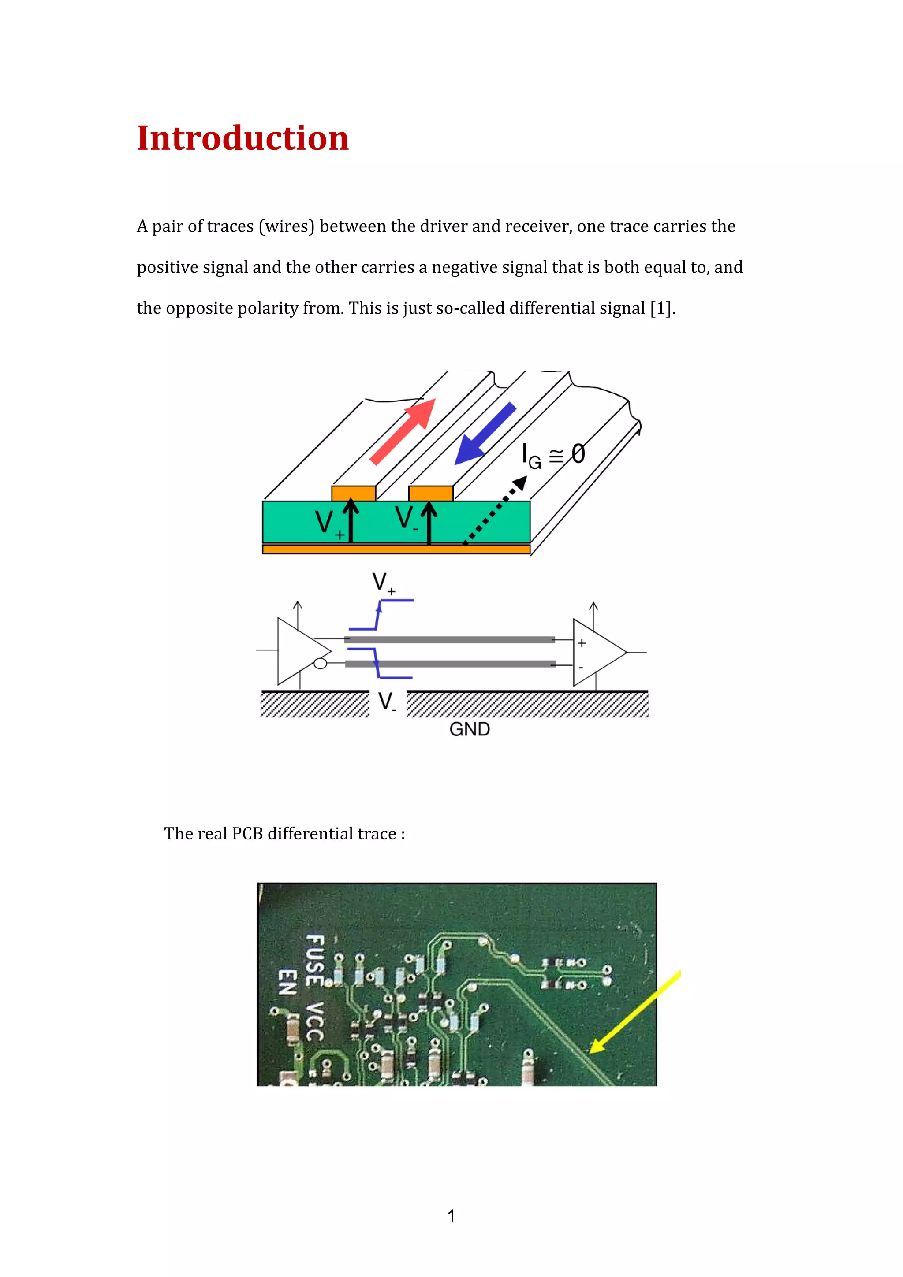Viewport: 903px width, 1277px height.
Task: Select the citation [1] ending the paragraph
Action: (661, 308)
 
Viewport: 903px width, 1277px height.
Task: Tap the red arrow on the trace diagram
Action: (403, 431)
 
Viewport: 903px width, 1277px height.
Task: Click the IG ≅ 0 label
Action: (552, 455)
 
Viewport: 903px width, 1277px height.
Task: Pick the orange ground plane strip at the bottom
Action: (396, 549)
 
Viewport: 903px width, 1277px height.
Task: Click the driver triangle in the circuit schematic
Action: (300, 651)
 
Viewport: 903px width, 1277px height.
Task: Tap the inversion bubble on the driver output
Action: (321, 663)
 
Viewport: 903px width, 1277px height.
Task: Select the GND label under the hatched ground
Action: (470, 729)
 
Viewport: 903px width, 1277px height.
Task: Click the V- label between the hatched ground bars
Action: (387, 702)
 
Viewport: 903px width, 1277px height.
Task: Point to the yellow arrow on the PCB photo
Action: (634, 1012)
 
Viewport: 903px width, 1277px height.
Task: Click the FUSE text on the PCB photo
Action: (315, 959)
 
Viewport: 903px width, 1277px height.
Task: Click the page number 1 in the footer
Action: (451, 1216)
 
